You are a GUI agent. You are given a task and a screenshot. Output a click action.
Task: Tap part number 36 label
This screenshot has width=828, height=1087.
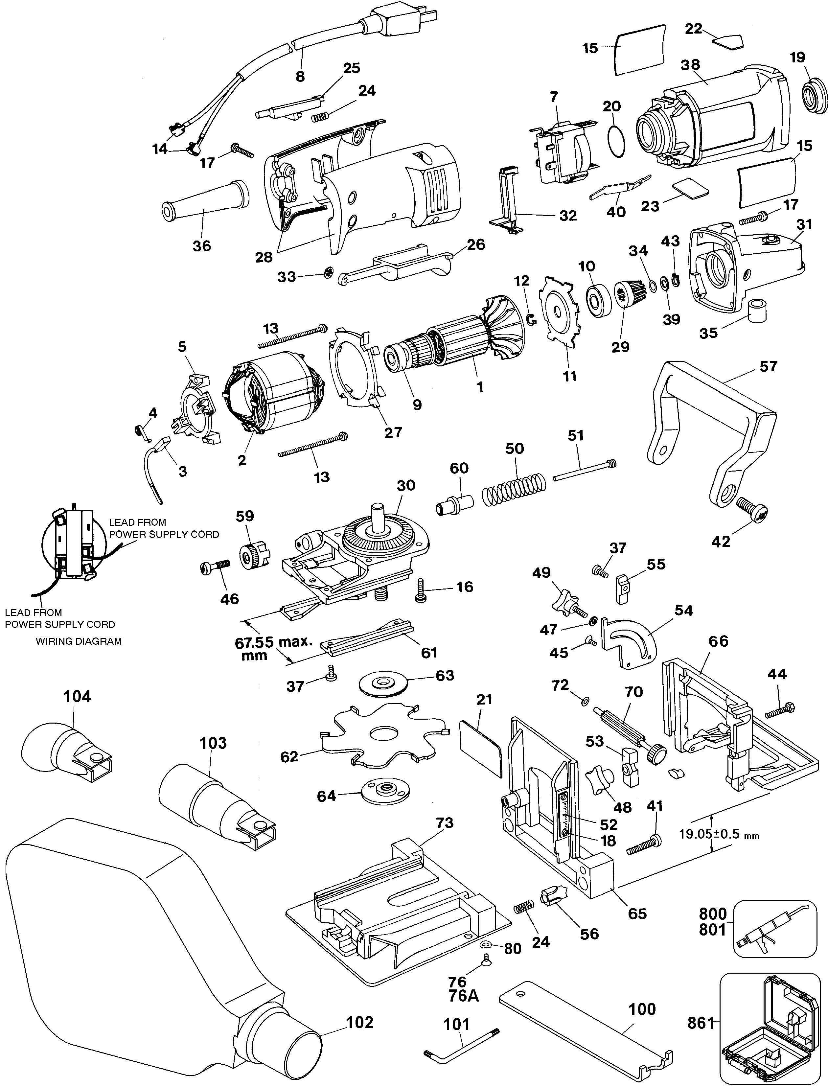click(x=202, y=245)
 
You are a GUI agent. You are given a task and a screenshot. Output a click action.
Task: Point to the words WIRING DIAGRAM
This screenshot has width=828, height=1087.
click(x=79, y=641)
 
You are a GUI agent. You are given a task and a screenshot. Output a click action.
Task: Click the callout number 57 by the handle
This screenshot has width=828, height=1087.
click(x=768, y=366)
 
